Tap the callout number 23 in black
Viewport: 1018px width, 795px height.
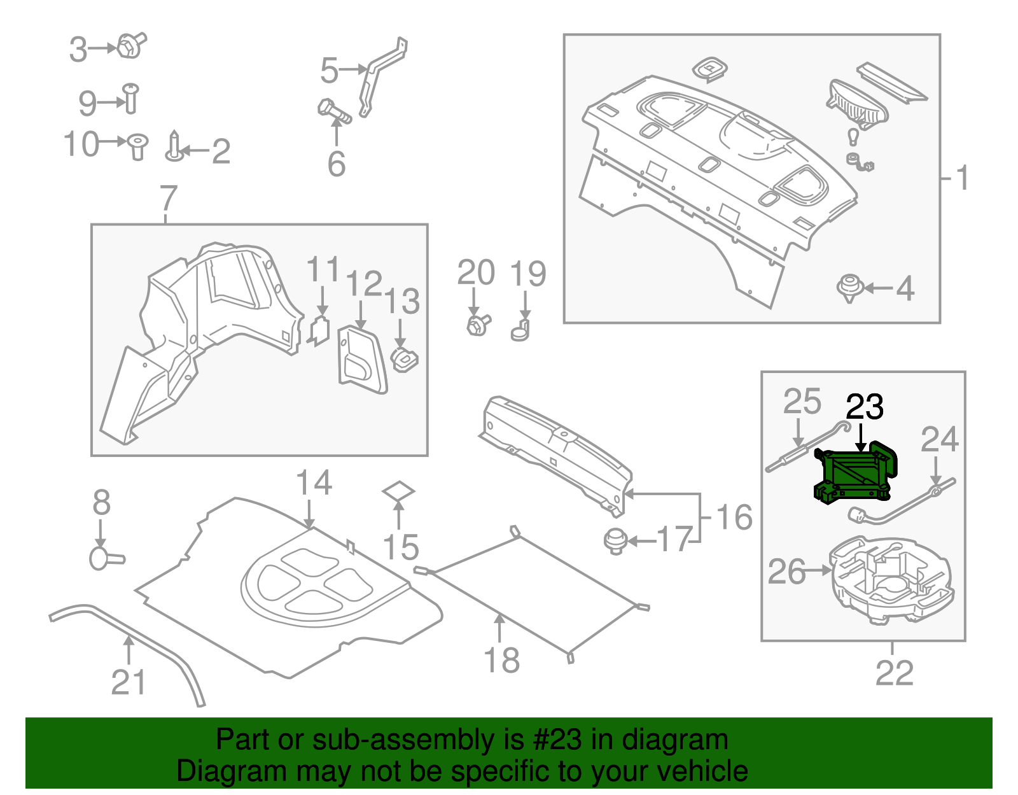[865, 407]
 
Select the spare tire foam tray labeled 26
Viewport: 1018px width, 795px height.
[891, 579]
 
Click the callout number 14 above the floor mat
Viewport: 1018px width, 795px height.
[314, 484]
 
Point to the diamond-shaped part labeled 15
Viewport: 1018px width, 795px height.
[398, 492]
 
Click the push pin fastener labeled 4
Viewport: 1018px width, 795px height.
[849, 287]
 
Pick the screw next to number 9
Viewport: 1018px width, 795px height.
[130, 99]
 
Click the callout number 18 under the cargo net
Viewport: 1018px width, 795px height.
[502, 660]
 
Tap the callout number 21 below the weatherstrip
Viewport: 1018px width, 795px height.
[129, 682]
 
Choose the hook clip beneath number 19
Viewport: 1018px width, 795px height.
[520, 331]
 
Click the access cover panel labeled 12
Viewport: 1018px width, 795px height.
[361, 360]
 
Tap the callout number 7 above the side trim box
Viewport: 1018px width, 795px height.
[167, 199]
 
